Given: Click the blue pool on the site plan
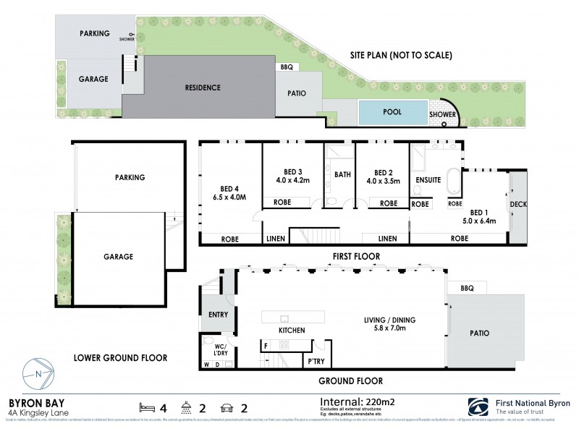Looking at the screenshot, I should (392, 112).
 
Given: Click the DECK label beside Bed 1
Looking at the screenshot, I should (518, 205).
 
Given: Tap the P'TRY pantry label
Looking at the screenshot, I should (316, 360).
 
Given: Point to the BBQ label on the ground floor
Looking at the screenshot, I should (466, 287).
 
